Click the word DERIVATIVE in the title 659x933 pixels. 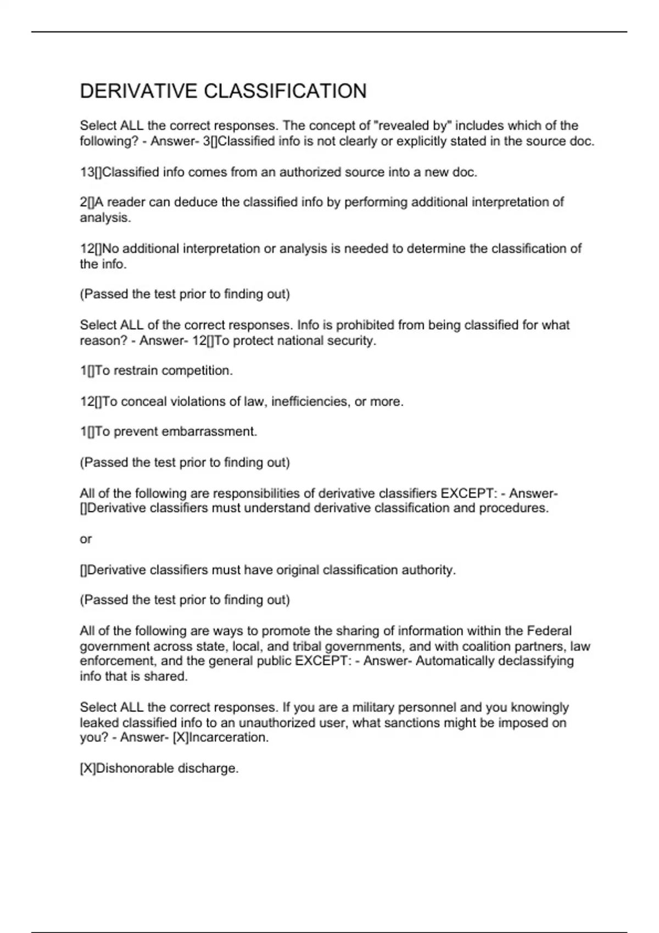click(138, 91)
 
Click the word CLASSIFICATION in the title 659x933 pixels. click(285, 91)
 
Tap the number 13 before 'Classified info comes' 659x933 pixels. click(87, 172)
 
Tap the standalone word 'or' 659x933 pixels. click(86, 539)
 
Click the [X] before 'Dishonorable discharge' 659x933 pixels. click(88, 768)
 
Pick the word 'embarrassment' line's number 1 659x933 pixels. click(83, 432)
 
